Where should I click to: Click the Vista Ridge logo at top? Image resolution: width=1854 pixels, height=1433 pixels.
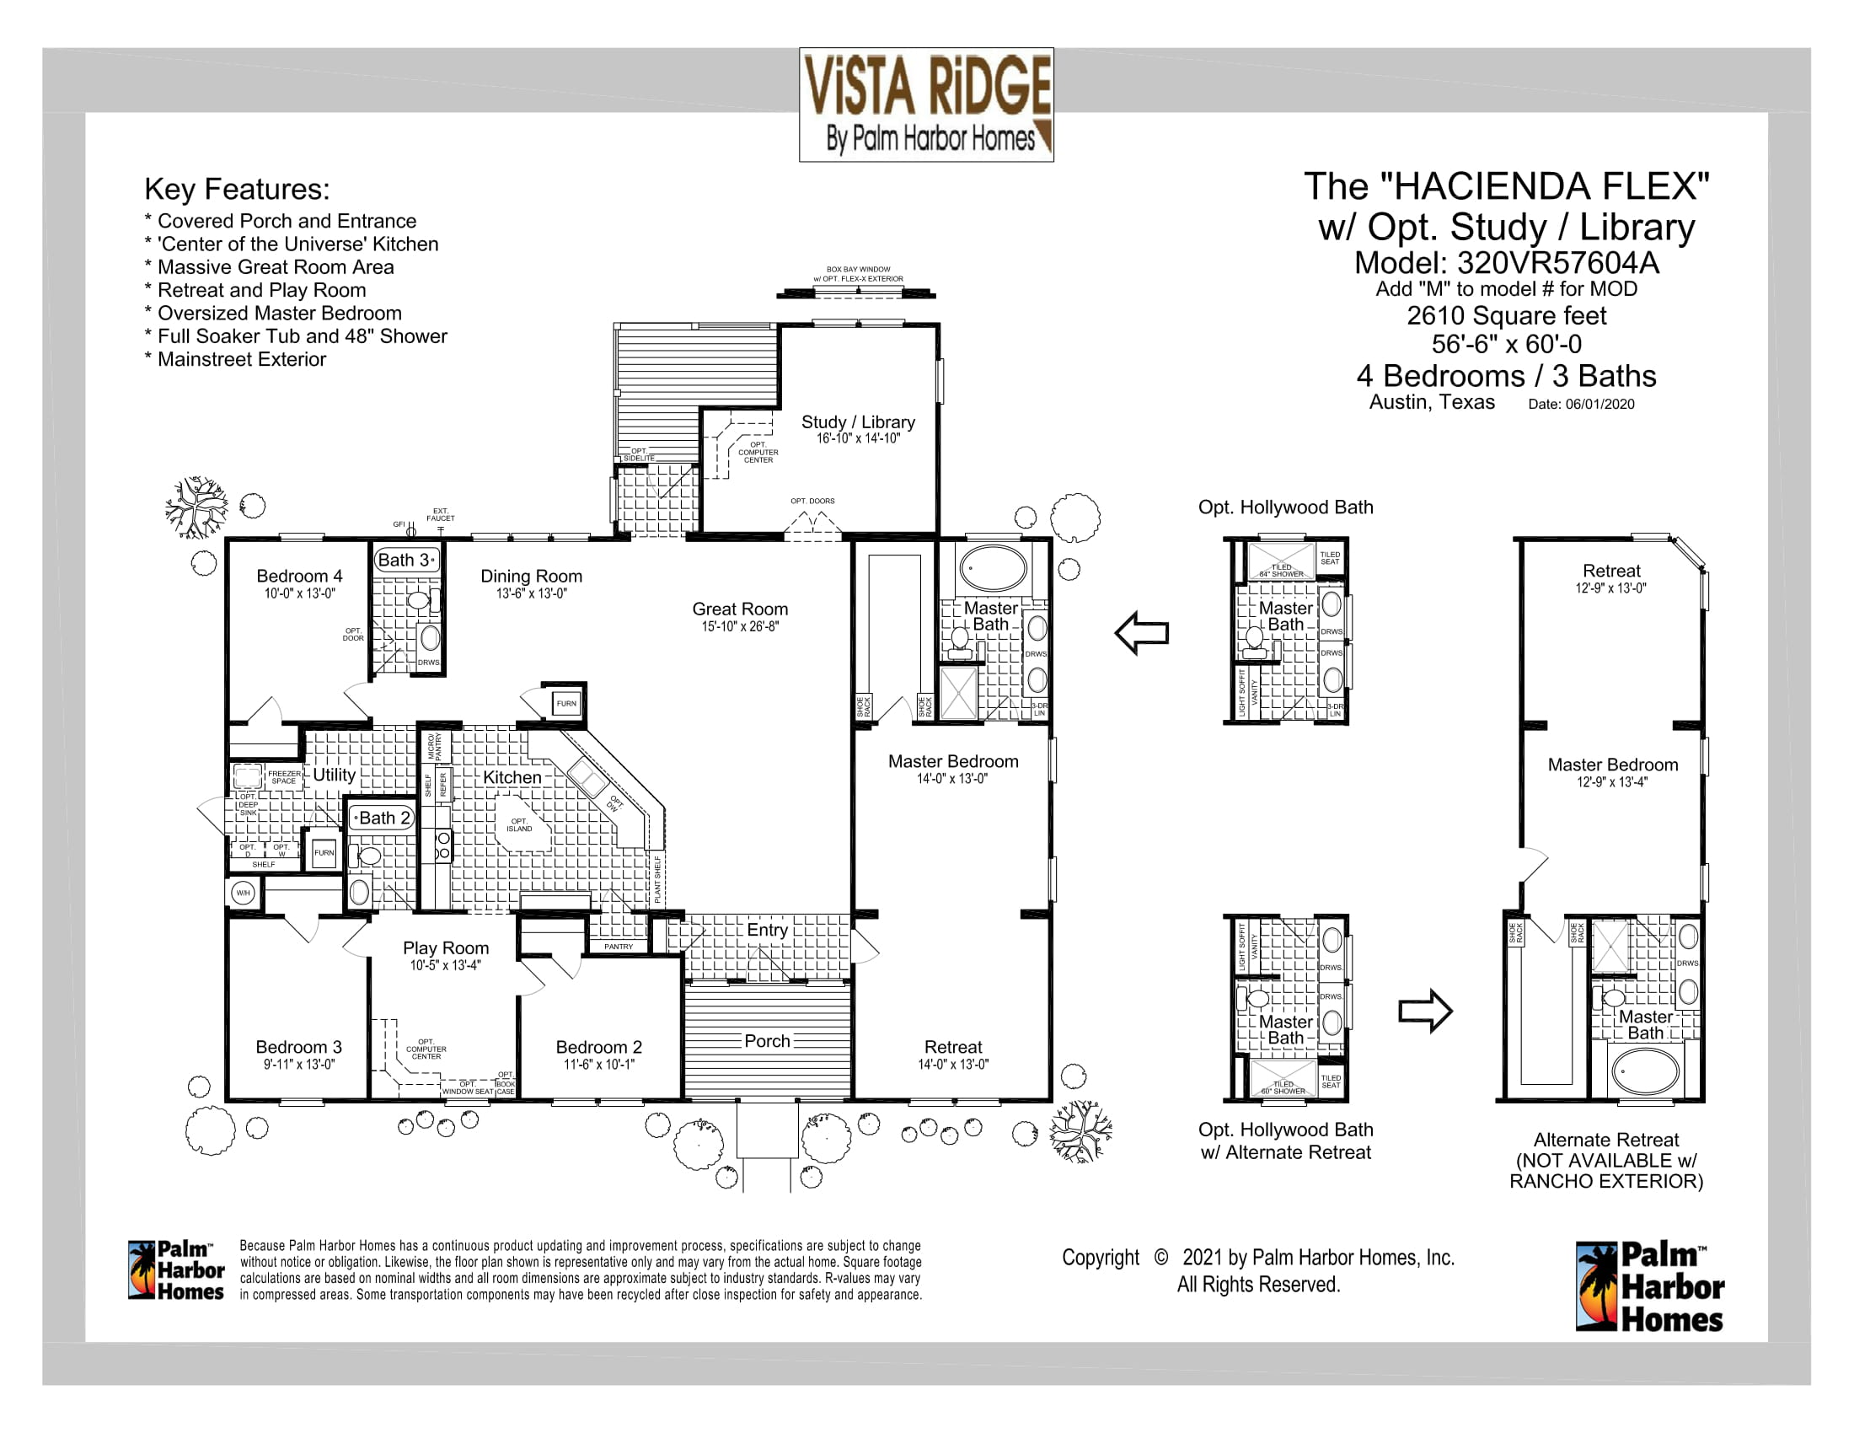926,104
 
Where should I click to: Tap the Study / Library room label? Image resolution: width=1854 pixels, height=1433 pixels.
857,422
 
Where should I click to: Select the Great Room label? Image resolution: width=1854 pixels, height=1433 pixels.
739,609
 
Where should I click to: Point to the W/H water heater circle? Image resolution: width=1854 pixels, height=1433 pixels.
243,892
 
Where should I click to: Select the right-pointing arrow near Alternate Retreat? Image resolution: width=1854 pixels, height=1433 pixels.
1425,1010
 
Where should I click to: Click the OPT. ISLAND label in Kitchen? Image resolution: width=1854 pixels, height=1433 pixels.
518,824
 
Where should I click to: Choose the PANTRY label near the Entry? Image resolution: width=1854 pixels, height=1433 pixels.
618,946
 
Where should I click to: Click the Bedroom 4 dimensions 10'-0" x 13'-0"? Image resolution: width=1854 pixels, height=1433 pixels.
299,593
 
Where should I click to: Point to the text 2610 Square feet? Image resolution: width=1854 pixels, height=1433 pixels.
1506,316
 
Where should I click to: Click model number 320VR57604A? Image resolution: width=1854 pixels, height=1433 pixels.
1557,263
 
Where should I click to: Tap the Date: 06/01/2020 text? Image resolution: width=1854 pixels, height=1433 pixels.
1581,404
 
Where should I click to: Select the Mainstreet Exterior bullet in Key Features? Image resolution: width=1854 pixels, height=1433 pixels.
241,359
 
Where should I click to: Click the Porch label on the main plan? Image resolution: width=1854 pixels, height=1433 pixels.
767,1041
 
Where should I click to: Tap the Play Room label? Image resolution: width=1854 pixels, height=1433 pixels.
446,947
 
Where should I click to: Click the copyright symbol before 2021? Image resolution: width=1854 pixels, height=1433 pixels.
1160,1258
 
